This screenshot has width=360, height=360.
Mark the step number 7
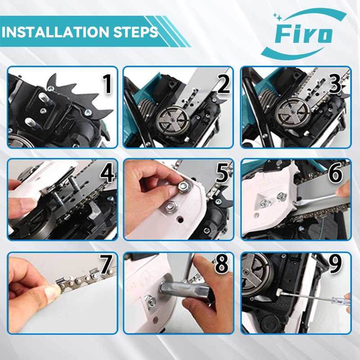click(106, 264)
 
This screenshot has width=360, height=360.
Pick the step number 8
click(222, 264)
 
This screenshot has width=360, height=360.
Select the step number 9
click(336, 264)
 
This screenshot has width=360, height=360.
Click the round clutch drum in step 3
click(293, 113)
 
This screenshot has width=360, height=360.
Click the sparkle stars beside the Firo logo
click(277, 17)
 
